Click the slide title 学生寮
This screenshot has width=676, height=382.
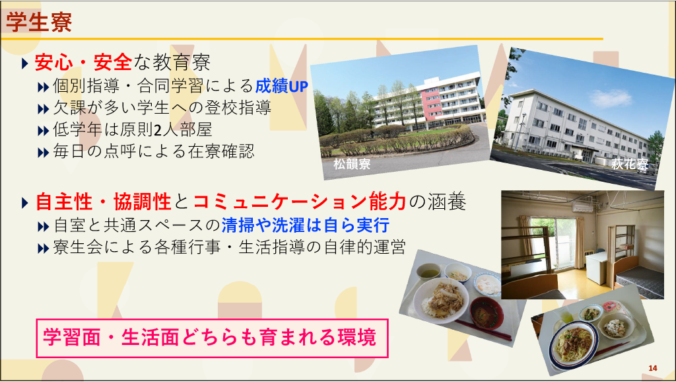coord(39,22)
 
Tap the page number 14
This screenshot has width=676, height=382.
coord(653,368)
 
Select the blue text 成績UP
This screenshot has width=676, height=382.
coord(281,86)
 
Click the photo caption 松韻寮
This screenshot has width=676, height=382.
coord(352,164)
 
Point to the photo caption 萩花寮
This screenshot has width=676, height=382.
coord(629,164)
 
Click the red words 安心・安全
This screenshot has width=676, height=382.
coord(83,62)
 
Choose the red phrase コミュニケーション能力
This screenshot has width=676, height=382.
coord(300,201)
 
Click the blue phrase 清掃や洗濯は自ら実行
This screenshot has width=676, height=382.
coord(306,225)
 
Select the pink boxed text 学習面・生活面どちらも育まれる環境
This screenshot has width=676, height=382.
coord(209,337)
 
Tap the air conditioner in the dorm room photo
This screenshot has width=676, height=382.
coord(584,206)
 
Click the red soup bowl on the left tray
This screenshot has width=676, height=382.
coord(487,312)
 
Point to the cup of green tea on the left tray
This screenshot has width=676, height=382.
coord(428,272)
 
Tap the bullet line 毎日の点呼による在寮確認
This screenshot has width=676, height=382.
coord(146,151)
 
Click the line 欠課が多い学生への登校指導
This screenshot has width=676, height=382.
coord(154,108)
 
